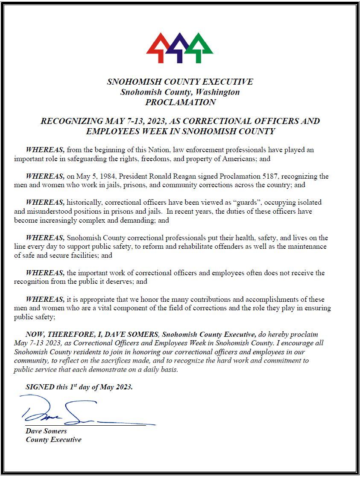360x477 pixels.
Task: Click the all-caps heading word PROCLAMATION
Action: [x=180, y=103]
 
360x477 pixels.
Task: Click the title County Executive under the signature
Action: [x=53, y=440]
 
